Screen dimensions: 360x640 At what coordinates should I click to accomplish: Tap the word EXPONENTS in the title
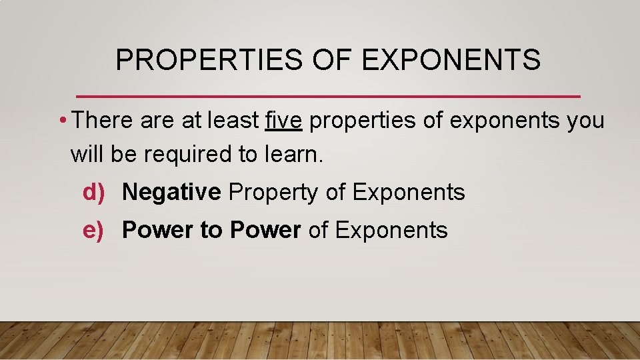pos(451,60)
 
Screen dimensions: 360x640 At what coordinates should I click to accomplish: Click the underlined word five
pos(285,121)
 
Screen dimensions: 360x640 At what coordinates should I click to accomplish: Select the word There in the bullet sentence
pos(103,121)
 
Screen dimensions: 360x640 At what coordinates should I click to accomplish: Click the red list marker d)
pos(94,193)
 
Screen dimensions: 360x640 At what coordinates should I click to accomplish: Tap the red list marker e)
pos(94,231)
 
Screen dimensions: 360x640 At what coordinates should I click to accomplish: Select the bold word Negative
pos(171,193)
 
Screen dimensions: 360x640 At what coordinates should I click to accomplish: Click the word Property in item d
pos(274,193)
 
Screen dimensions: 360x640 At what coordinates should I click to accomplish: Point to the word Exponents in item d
pos(408,193)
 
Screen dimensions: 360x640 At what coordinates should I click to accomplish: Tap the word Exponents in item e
pos(391,231)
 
